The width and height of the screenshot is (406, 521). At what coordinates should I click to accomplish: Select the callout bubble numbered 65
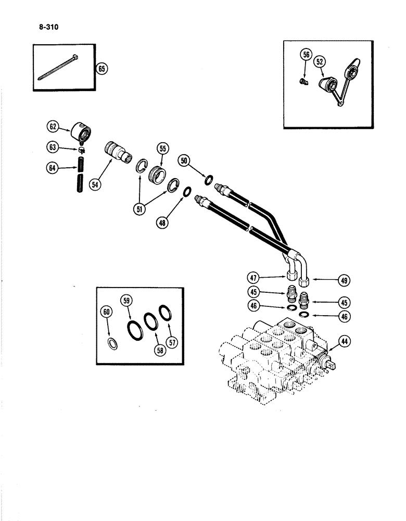(x=102, y=68)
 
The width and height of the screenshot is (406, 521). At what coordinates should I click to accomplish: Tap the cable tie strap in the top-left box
(x=57, y=68)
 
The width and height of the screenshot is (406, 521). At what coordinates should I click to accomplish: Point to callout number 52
(x=320, y=61)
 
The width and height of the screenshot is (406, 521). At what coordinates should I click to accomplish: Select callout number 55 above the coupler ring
(x=162, y=149)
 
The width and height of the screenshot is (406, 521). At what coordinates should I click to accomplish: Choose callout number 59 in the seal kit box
(x=126, y=301)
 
